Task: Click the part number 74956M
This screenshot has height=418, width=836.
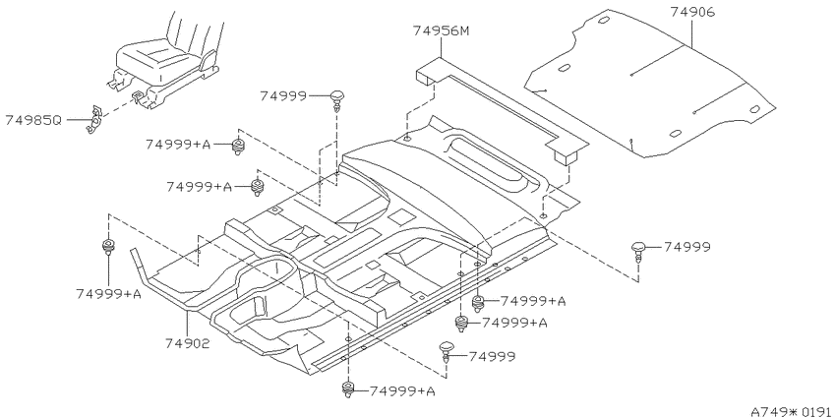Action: click(x=441, y=30)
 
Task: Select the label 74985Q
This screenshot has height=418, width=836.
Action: click(x=33, y=120)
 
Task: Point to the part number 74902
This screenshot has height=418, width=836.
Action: click(x=187, y=343)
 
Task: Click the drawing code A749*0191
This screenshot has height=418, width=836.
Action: click(x=793, y=411)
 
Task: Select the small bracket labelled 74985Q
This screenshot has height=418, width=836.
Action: click(x=94, y=119)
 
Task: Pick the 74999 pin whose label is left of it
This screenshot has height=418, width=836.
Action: click(x=336, y=100)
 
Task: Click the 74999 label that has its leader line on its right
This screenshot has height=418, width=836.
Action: click(x=283, y=96)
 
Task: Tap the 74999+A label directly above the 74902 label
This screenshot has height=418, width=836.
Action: click(x=108, y=294)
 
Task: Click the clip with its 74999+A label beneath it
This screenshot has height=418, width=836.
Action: click(x=108, y=247)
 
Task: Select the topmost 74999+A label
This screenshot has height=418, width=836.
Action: click(x=178, y=144)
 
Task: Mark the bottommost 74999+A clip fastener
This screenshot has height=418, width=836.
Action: click(x=348, y=389)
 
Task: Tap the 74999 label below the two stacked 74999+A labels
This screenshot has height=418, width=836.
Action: click(x=492, y=357)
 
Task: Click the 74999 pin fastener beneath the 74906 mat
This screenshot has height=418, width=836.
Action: click(x=638, y=252)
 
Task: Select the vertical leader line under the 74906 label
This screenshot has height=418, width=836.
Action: click(x=692, y=33)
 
